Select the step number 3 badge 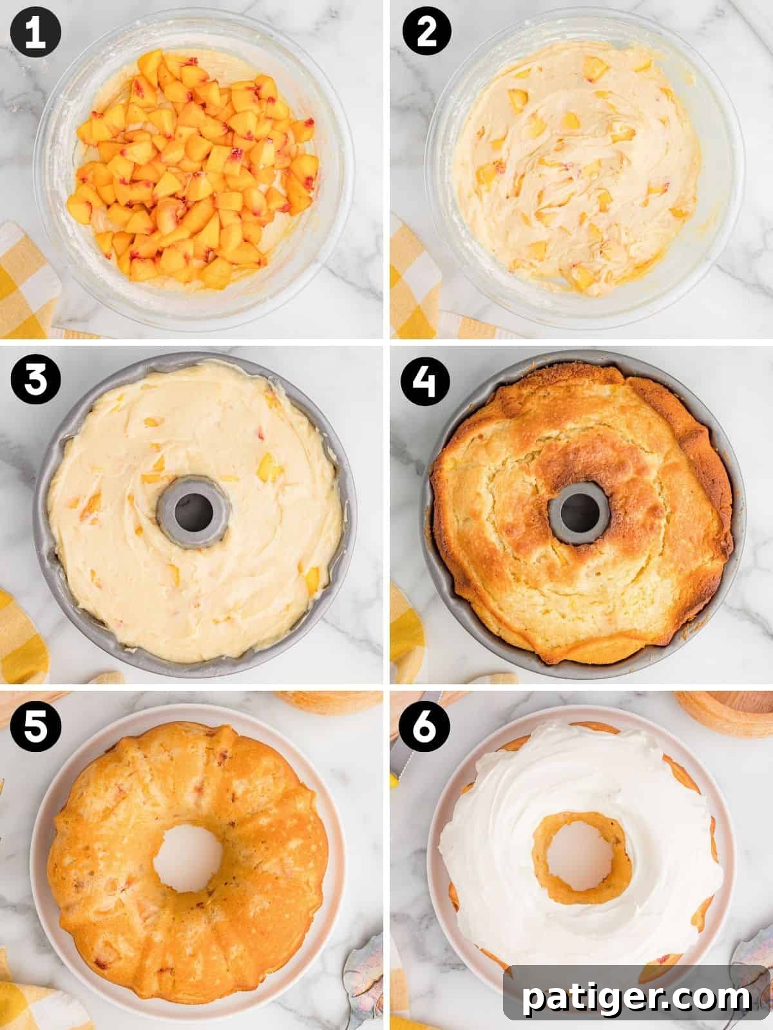[35, 381]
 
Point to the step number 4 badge [426, 381]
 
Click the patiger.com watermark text [636, 998]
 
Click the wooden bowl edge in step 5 [329, 702]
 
